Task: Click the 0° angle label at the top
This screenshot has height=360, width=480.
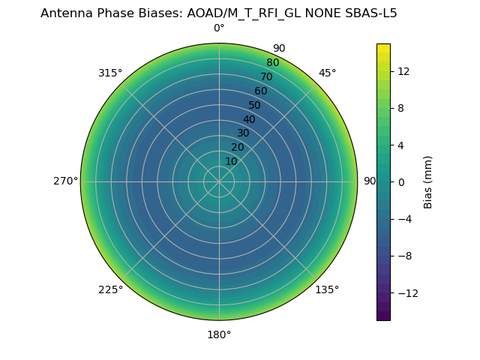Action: pos(219,28)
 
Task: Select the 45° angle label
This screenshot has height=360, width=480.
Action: pos(327,73)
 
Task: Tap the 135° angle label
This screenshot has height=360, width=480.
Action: pos(327,289)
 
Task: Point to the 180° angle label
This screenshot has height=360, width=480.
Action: pos(219,334)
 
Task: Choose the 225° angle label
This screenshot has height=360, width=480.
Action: pos(110,289)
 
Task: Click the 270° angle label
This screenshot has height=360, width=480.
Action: pos(65,181)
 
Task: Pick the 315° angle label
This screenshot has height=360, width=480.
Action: pos(110,73)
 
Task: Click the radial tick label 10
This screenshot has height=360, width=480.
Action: pos(231,161)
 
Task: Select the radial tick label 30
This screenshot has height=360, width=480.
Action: pos(243,133)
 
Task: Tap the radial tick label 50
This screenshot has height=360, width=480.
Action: pos(255,105)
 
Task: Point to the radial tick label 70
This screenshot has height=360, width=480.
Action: pos(266,76)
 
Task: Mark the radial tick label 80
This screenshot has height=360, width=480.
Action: pos(272,62)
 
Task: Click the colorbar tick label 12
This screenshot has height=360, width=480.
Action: pos(403,71)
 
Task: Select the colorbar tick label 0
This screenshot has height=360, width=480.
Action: pos(400,181)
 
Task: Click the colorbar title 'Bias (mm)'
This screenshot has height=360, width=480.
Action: pos(428,181)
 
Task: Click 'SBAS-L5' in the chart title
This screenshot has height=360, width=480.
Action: pos(370,13)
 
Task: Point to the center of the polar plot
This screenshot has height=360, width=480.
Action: pos(219,181)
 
